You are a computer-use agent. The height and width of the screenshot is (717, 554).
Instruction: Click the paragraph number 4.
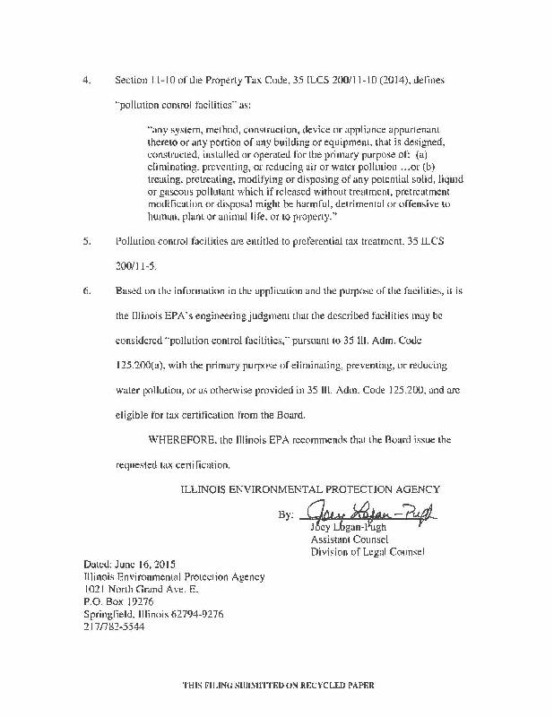click(86, 81)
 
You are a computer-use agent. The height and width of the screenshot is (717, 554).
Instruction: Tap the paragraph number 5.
click(86, 242)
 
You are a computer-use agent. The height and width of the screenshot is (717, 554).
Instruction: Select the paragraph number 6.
click(86, 292)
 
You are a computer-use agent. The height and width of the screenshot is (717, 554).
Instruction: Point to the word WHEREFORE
click(182, 441)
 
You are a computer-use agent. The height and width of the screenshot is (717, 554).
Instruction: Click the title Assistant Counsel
click(349, 540)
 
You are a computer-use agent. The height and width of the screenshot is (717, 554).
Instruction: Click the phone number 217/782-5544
click(113, 627)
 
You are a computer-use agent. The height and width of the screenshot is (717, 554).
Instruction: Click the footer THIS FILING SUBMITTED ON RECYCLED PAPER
click(276, 684)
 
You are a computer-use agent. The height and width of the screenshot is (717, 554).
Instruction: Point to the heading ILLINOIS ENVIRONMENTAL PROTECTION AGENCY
click(310, 489)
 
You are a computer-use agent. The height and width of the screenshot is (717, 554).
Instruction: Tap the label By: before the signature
click(286, 517)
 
